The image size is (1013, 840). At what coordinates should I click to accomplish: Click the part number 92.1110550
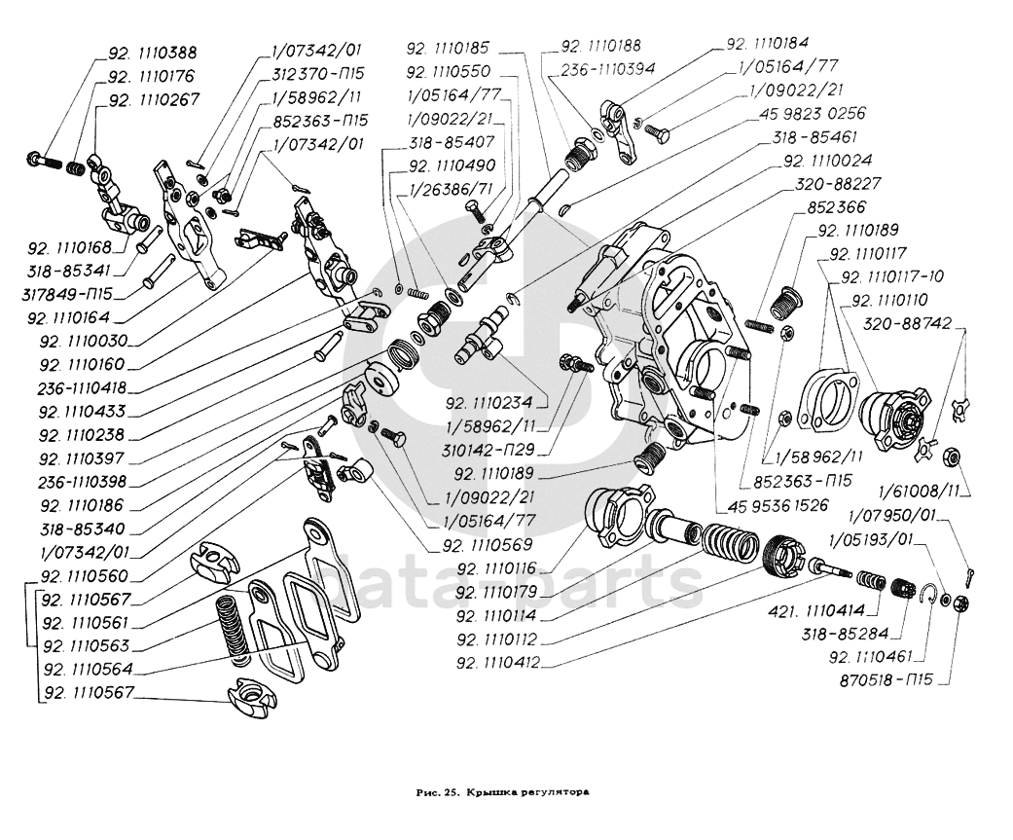pyautogui.click(x=463, y=71)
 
